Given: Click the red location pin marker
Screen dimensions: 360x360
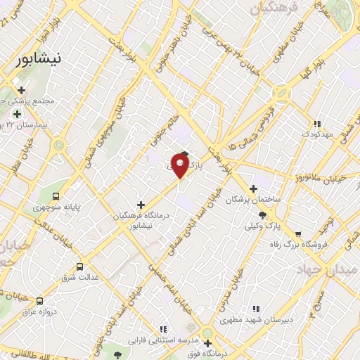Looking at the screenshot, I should pyautogui.click(x=180, y=167).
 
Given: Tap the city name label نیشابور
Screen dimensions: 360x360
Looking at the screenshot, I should pyautogui.click(x=42, y=60).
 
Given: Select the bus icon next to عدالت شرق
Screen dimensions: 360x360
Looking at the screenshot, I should pyautogui.click(x=79, y=266).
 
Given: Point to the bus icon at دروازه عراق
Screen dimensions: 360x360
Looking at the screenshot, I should pyautogui.click(x=39, y=300).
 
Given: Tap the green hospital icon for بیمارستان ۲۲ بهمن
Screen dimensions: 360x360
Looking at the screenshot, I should pyautogui.click(x=16, y=114).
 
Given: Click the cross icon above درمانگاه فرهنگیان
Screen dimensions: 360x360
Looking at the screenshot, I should pyautogui.click(x=141, y=204).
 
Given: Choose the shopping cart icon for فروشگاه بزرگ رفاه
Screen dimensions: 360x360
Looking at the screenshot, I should pyautogui.click(x=299, y=233).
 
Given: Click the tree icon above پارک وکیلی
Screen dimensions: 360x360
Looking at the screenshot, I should pyautogui.click(x=263, y=215).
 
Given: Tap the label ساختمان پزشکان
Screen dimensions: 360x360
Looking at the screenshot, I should pyautogui.click(x=253, y=200).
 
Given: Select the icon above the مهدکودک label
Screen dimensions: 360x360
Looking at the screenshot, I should pyautogui.click(x=316, y=122).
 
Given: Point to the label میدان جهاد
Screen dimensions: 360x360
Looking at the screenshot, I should pyautogui.click(x=327, y=270).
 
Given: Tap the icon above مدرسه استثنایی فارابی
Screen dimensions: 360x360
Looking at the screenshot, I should pyautogui.click(x=163, y=328).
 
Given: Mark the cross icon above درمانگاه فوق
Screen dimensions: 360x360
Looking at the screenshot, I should pyautogui.click(x=207, y=343).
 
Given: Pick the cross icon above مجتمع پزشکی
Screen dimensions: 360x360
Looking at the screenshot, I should pyautogui.click(x=22, y=90).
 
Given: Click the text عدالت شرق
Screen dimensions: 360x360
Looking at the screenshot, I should pyautogui.click(x=79, y=278).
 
